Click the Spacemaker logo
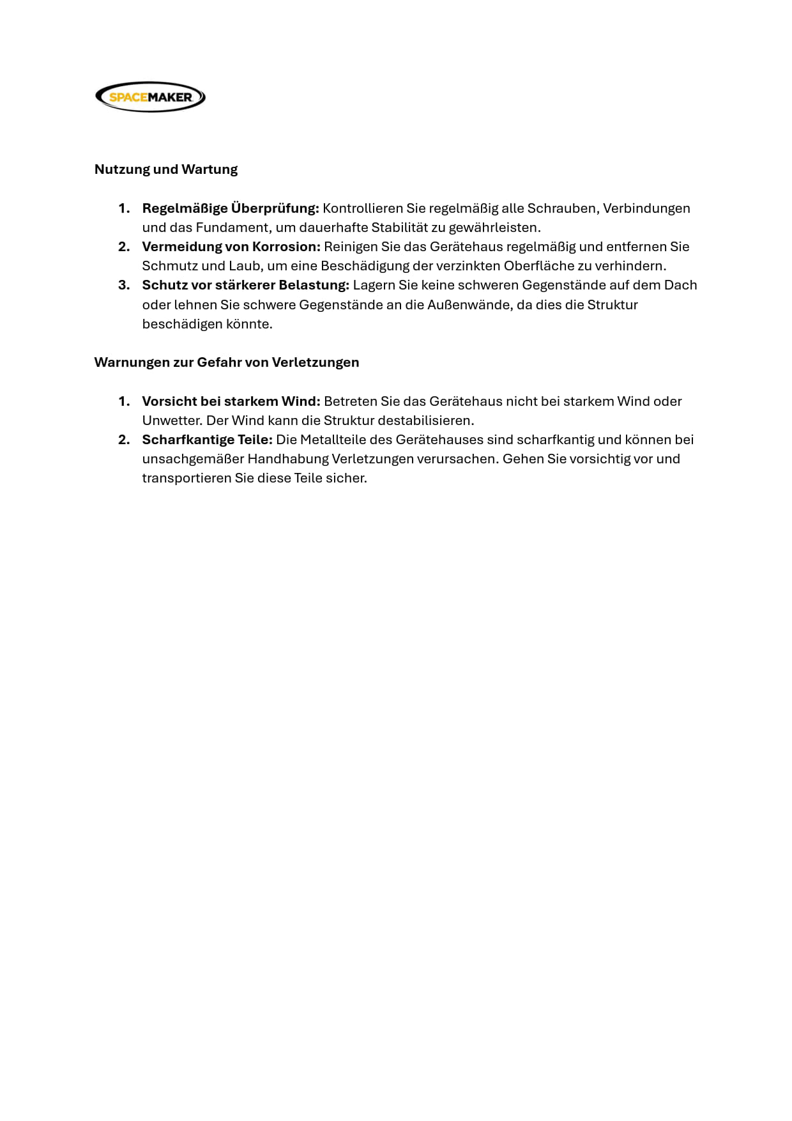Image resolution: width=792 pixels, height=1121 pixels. click(150, 97)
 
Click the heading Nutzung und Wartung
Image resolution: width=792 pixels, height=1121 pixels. click(166, 169)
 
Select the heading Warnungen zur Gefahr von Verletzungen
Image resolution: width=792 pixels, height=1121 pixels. click(227, 362)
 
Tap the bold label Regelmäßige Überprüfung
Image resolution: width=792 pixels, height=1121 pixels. click(231, 208)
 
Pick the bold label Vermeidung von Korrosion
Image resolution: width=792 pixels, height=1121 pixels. click(231, 247)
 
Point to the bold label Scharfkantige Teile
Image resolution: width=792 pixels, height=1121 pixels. click(208, 440)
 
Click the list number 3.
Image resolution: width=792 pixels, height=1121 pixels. click(124, 285)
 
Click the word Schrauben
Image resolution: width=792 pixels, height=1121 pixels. click(561, 208)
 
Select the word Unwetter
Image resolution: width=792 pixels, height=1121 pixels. click(171, 421)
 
